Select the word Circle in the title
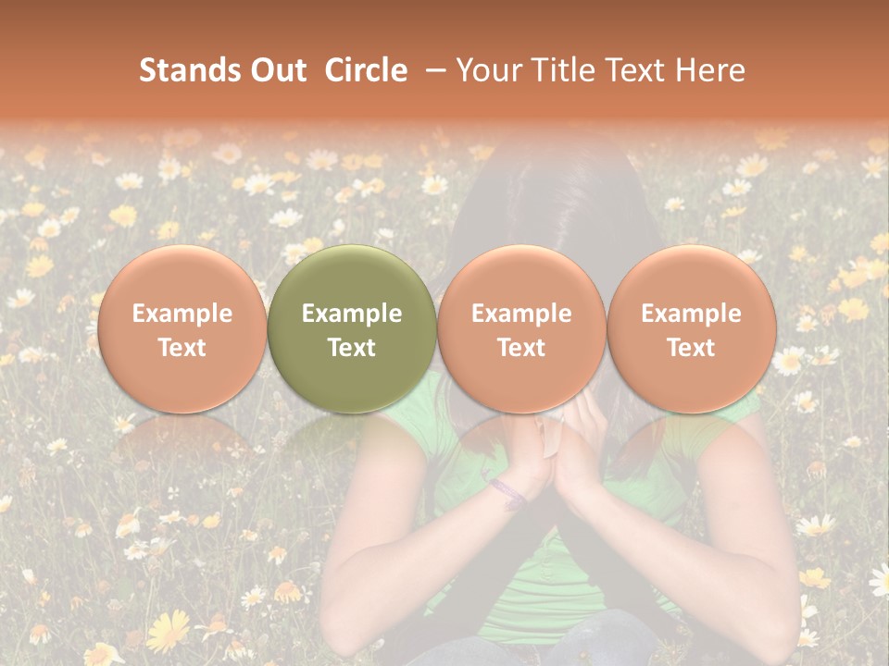tap(366, 70)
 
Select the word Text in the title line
tap(638, 70)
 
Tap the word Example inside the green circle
tap(352, 314)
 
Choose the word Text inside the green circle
tap(352, 348)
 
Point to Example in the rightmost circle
tap(691, 314)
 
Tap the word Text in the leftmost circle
tap(182, 348)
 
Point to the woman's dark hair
tap(556, 203)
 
